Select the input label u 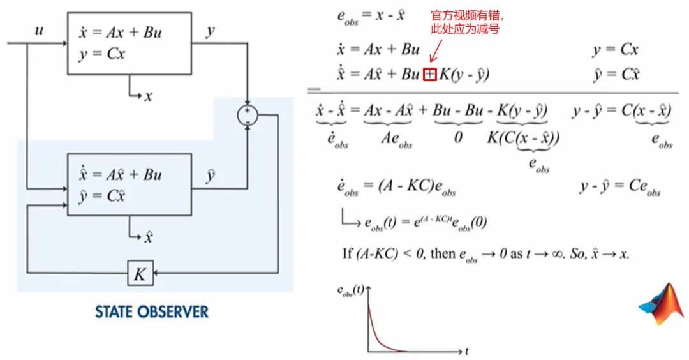39,31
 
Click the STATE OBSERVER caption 152,312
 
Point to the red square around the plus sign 430,75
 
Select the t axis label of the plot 467,350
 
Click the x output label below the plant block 148,96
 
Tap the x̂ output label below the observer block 148,238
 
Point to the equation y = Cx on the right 615,50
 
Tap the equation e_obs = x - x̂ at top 371,15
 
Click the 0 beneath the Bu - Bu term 458,136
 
